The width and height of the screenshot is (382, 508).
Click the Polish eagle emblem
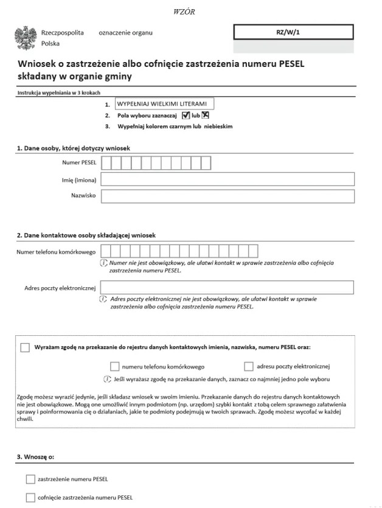coord(26,38)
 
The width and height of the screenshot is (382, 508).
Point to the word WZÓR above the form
coord(184,12)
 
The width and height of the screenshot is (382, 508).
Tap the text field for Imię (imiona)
coord(227,179)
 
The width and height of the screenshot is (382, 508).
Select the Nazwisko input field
coord(227,196)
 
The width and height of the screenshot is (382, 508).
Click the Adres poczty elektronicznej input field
coord(227,287)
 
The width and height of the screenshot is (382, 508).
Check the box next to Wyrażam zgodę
coord(25,347)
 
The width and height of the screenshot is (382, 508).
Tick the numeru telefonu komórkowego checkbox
coord(114,366)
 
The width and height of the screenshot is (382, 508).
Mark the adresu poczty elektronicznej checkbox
coord(248,366)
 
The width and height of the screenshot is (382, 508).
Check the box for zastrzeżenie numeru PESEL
coord(31,479)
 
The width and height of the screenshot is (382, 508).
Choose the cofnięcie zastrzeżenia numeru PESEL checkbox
coord(31,497)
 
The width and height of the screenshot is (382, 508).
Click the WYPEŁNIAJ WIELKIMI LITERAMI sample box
coord(164,104)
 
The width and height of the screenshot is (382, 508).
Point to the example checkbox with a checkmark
coord(186,116)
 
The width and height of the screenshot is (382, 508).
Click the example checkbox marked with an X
coord(206,116)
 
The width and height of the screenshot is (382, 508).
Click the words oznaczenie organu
coord(125,32)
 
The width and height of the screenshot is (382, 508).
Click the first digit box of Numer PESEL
coord(106,162)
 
